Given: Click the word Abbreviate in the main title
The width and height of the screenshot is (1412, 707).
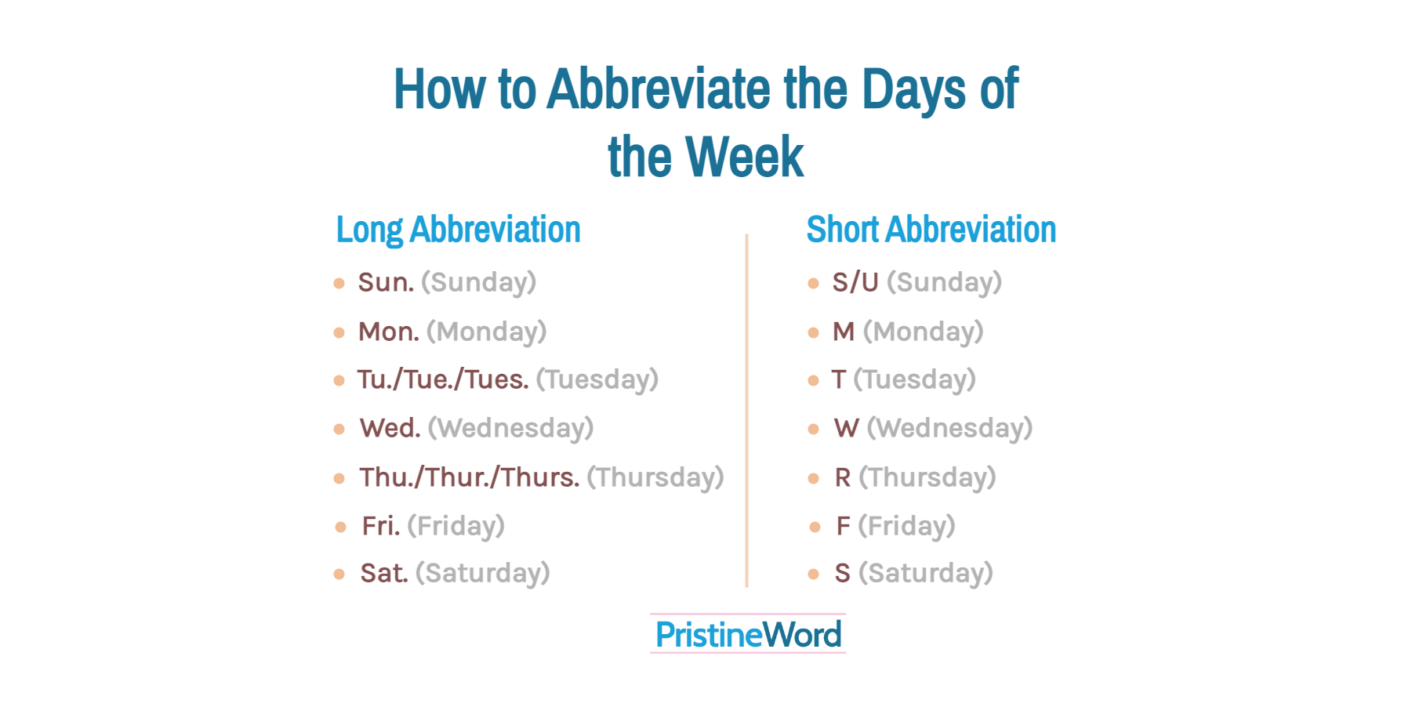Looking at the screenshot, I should click(x=659, y=89).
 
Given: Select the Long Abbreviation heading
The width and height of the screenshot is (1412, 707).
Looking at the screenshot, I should click(x=458, y=230).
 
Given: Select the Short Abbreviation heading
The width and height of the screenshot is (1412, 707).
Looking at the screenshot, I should click(x=931, y=230).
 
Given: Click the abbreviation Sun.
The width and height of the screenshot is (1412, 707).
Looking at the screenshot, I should click(x=386, y=282).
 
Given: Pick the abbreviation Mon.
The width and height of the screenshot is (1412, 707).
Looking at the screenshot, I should click(x=388, y=332).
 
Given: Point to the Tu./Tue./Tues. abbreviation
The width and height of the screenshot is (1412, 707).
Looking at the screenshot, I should click(x=443, y=379).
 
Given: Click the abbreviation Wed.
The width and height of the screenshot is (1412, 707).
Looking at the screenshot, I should click(x=390, y=428).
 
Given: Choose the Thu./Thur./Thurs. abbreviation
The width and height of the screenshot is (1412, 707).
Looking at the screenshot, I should click(x=469, y=477).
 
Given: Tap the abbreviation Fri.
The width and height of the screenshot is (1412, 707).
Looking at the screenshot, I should click(x=380, y=526).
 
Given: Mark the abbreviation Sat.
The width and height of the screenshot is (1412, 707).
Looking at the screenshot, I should click(x=383, y=573).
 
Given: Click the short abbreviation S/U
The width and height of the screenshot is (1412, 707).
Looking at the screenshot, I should click(x=855, y=282).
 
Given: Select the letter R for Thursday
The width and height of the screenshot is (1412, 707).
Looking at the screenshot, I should click(x=843, y=477).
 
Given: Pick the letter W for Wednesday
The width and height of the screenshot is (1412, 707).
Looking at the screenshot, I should click(x=846, y=428).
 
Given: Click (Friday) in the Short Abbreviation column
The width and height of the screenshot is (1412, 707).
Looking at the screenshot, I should click(x=906, y=526).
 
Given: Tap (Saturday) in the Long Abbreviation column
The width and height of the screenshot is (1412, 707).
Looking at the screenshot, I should click(x=482, y=573).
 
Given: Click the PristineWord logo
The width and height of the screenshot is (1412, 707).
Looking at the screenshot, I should click(x=748, y=634).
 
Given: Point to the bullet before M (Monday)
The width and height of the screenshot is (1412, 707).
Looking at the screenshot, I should click(x=813, y=332).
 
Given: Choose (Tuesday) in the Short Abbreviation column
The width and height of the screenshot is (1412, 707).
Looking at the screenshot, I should click(x=914, y=379).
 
